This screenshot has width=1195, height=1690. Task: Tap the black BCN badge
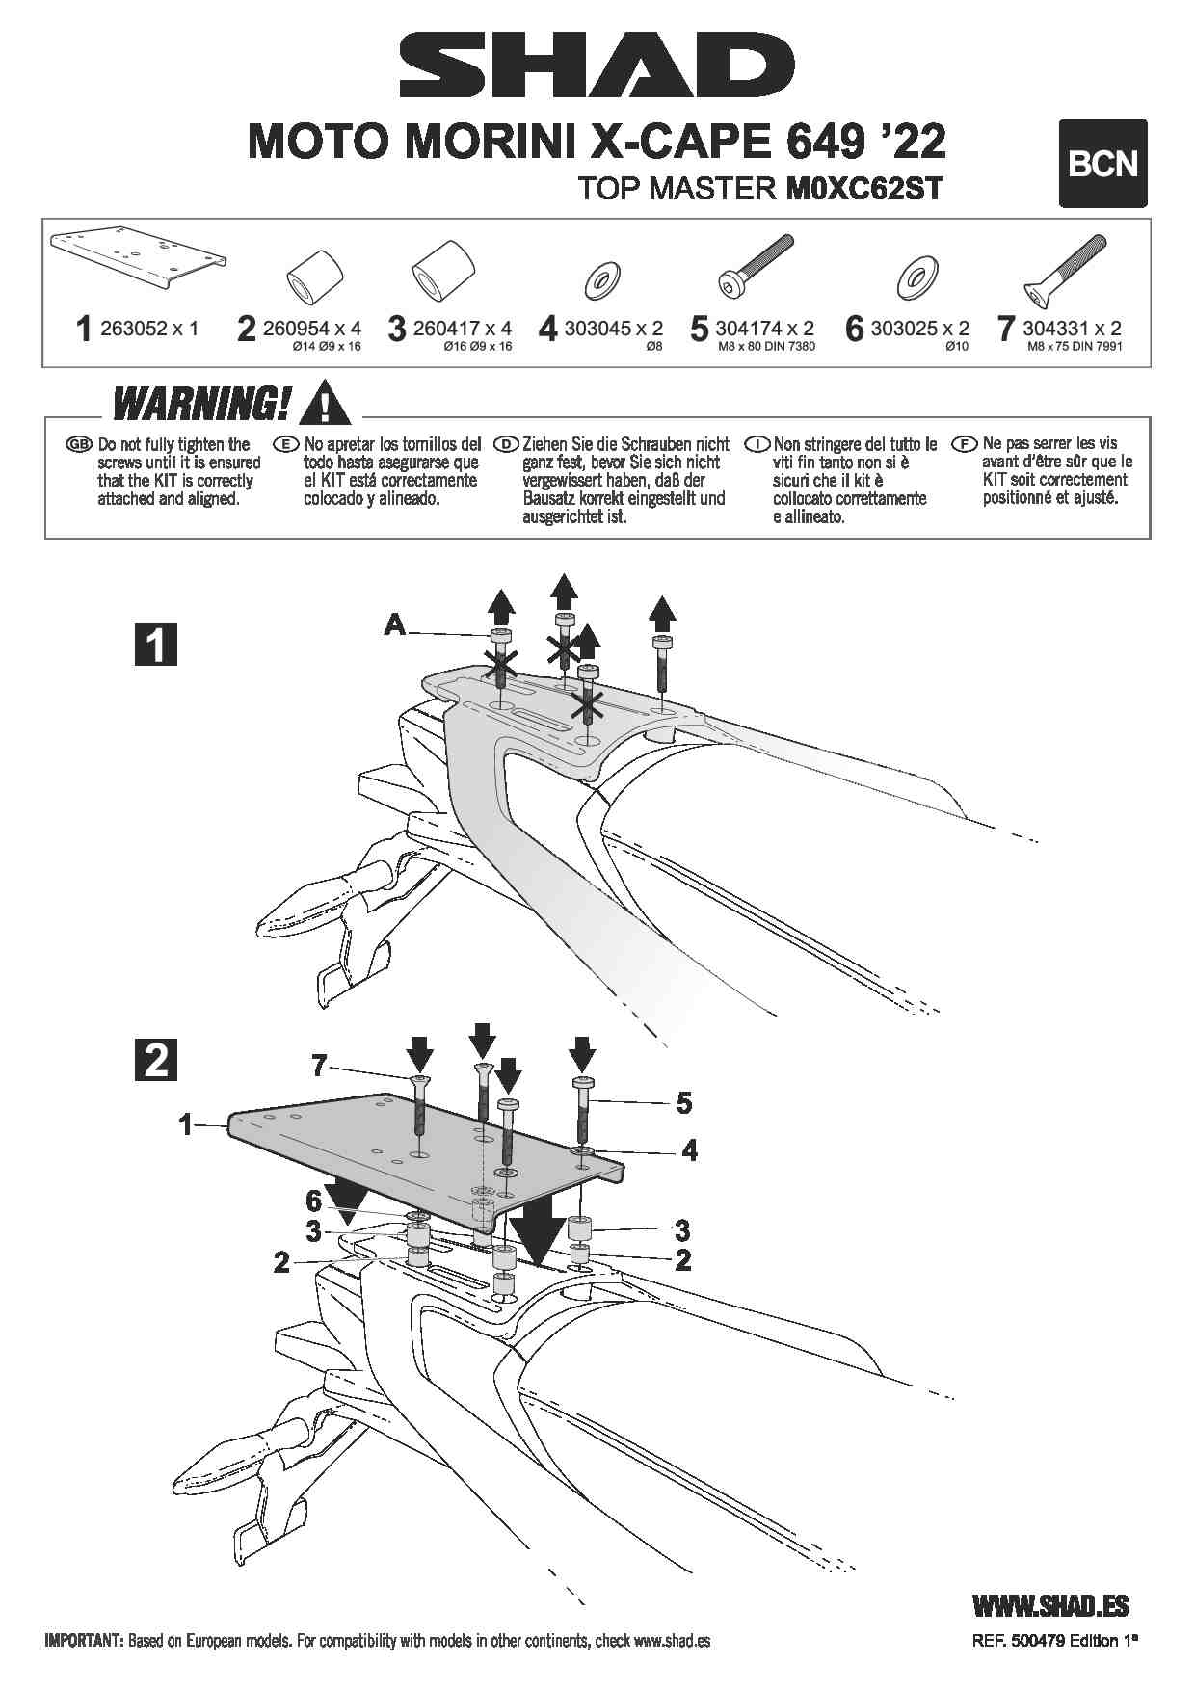1102,164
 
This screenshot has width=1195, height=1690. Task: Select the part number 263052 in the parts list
134,329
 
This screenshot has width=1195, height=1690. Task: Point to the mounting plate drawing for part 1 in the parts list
139,259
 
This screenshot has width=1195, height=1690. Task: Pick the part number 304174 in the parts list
748,329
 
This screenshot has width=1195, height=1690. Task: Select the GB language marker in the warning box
78,444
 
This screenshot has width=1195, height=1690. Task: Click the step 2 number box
155,1060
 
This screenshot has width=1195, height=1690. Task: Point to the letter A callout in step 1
394,625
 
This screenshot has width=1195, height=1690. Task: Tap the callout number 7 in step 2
319,1066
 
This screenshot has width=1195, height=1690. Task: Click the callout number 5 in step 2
683,1102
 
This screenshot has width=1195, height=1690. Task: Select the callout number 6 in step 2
313,1201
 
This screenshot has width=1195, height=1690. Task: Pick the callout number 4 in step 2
689,1149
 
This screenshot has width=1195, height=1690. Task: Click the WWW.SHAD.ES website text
1050,1604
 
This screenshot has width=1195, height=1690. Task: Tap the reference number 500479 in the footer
1031,1640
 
